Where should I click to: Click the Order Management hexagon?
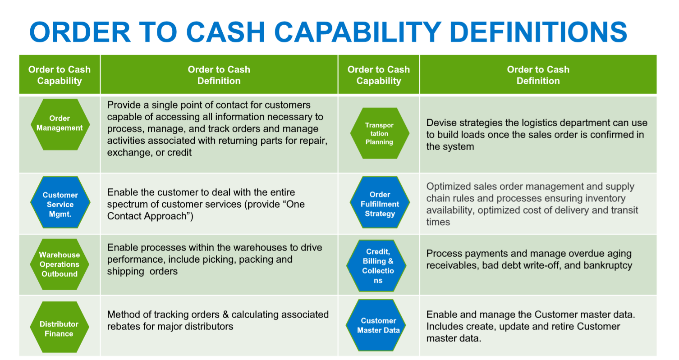point(60,123)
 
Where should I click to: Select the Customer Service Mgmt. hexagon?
point(60,204)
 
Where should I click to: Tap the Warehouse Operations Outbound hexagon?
point(60,264)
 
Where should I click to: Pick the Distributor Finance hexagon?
point(59,328)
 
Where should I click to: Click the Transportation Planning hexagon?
point(379,133)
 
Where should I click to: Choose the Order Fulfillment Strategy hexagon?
point(380,204)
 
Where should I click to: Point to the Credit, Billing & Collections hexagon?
point(378,266)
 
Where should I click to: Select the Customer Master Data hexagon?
point(378,325)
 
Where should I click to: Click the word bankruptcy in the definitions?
point(607,265)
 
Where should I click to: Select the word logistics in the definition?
point(525,123)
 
